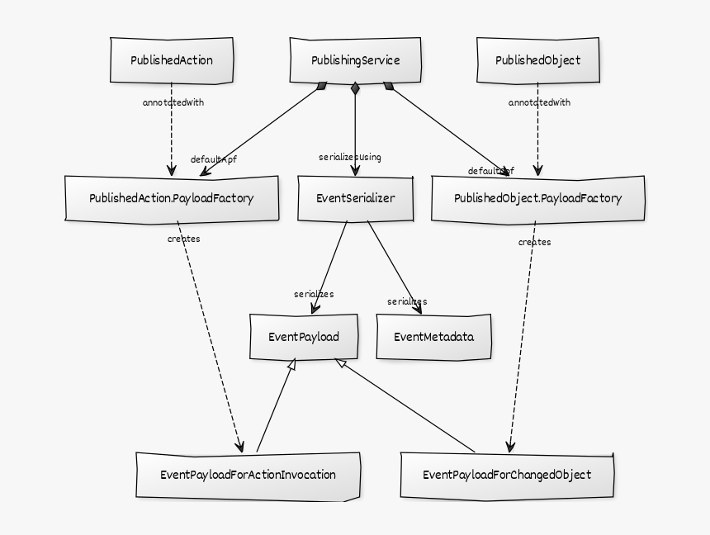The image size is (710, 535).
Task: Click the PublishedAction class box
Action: point(172,60)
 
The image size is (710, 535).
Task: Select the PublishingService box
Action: point(355,60)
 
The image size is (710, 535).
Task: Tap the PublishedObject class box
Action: point(537,60)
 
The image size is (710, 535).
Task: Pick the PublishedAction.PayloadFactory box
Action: point(172,199)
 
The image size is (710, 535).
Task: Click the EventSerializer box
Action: point(355,199)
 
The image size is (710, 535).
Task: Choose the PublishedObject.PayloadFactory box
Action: point(537,199)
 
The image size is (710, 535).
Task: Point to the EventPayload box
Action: point(304,337)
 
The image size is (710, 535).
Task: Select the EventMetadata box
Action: point(433,337)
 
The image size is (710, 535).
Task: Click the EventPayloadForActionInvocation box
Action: point(248,475)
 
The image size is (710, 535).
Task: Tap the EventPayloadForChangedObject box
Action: point(507,475)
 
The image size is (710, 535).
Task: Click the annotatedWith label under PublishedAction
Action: point(173,103)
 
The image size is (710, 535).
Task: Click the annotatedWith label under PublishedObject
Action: point(539,103)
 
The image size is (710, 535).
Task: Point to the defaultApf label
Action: point(213,159)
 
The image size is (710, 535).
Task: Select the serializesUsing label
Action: point(350,157)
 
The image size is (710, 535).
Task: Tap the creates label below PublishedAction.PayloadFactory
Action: point(183,239)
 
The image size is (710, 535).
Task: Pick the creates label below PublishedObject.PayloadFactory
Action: point(534,242)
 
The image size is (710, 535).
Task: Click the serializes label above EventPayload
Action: point(314,294)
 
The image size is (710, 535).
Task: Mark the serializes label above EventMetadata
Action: point(407,301)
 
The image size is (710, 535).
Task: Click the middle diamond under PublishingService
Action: point(355,88)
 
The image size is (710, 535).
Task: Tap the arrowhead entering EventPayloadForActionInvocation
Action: point(240,446)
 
